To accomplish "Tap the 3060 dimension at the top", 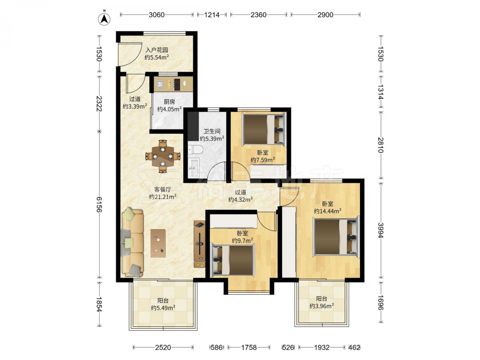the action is coord(157,15).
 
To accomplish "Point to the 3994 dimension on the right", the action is coord(380,230).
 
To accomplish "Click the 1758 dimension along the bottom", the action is coord(249,347).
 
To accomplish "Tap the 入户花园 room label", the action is coord(157,50).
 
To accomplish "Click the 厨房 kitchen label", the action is coord(169,102).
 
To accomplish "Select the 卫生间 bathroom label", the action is coord(212,132).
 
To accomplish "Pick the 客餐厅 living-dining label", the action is coord(163,190).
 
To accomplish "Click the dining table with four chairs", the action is coord(163,156).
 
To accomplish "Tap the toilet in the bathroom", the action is coord(195,149).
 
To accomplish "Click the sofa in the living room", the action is coord(132,242).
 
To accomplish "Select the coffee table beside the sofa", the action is coord(158,243).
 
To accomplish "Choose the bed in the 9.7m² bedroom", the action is coord(233,259).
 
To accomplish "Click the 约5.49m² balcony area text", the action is coord(163,308).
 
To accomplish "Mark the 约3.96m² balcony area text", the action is coord(322,306).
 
